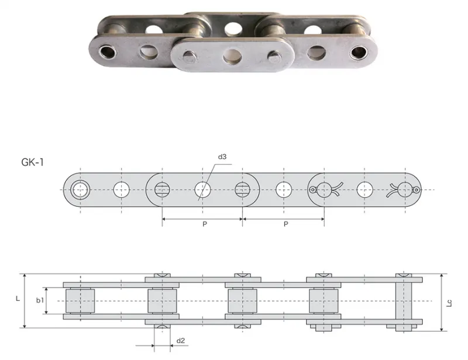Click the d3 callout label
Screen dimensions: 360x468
tap(222, 157)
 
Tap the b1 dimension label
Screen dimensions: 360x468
tap(39, 300)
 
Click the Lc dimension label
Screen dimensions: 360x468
tap(449, 303)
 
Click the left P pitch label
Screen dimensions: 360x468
tap(202, 224)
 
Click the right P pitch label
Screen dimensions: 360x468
tap(285, 224)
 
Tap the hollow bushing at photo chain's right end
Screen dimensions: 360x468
tap(357, 52)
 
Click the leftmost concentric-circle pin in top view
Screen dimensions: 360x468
tap(80, 189)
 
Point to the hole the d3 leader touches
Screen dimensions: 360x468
tap(202, 189)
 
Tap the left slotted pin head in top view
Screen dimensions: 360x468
tap(162, 189)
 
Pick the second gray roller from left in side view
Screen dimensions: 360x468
tap(161, 301)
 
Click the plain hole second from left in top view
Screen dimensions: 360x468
tap(122, 189)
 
